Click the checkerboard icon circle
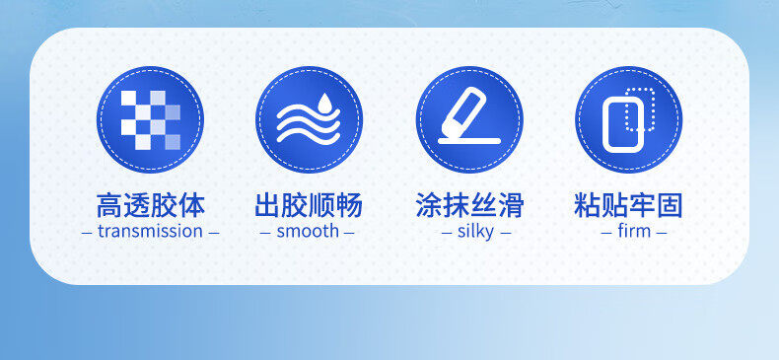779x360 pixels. (x=150, y=119)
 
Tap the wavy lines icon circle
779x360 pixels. (x=309, y=119)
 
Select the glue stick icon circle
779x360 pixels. (x=469, y=119)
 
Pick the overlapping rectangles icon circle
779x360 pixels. (x=629, y=119)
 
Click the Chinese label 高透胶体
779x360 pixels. (x=150, y=205)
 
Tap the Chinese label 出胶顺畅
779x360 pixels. (x=309, y=205)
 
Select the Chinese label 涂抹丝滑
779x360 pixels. (x=469, y=205)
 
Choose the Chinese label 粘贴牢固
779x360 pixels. (x=628, y=205)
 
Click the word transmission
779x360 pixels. (x=150, y=231)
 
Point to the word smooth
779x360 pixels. (x=308, y=231)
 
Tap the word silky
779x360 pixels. (x=476, y=232)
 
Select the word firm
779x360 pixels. (x=634, y=231)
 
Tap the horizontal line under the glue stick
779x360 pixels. (x=469, y=141)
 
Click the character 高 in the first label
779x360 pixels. (x=109, y=205)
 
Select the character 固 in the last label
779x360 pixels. (x=670, y=205)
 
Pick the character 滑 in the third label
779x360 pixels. (x=511, y=205)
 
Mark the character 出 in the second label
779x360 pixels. (x=268, y=205)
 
